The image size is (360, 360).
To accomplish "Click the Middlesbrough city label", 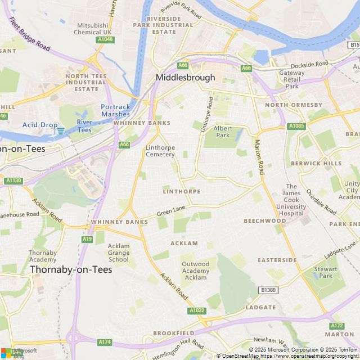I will point(185,78).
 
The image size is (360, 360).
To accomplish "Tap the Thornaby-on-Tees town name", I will point(71,269).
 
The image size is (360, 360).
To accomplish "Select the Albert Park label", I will point(223,132).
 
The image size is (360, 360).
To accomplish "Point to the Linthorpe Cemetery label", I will point(160,151).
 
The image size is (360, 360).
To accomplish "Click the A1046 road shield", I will point(104,39).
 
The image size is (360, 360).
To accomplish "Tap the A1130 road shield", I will point(13,181).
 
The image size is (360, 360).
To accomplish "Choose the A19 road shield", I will point(87,239).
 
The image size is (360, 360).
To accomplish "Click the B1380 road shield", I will point(269,290).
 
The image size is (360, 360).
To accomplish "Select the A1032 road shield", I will point(197,310).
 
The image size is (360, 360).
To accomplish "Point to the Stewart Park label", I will point(325,272).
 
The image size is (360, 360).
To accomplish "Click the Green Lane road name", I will point(171,212).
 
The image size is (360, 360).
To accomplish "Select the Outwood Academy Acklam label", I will point(195,271).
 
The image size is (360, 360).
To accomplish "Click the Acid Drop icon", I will point(61,130).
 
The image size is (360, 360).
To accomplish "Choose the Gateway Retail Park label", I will point(291,79).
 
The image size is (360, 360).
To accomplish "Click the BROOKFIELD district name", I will point(173,333).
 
